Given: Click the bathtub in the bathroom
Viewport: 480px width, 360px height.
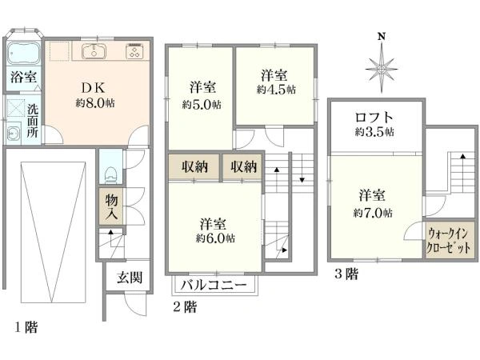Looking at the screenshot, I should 23,54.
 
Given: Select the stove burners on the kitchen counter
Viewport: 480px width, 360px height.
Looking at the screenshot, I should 134,54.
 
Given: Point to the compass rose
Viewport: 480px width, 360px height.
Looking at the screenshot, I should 382,66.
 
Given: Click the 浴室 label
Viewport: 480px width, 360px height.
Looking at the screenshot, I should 22,78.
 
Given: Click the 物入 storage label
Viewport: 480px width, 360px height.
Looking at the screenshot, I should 111,206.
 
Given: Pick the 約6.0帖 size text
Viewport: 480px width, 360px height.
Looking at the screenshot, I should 216,238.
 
